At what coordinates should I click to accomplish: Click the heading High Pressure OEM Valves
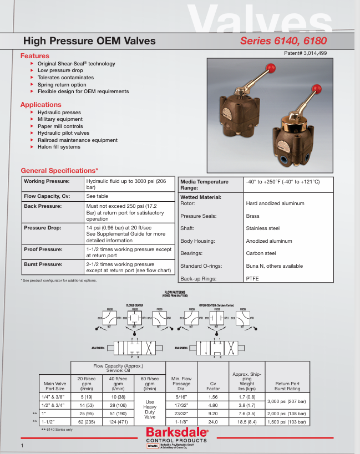[89, 41]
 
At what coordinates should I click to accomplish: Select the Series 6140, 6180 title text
[283, 41]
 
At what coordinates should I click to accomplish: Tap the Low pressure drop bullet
[60, 71]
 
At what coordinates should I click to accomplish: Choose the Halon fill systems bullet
[59, 147]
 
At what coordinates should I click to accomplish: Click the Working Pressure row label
[47, 182]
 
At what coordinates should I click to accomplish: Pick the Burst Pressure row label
[43, 265]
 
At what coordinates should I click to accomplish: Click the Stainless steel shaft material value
[262, 228]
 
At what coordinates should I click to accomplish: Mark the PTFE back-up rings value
[252, 279]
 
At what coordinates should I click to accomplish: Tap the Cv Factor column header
[213, 386]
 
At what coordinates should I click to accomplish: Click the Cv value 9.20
[213, 413]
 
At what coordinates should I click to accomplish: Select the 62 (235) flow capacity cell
[84, 421]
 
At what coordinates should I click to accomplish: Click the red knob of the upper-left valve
[271, 68]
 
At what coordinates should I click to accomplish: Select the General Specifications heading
[59, 170]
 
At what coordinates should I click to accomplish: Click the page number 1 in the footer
[22, 446]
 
